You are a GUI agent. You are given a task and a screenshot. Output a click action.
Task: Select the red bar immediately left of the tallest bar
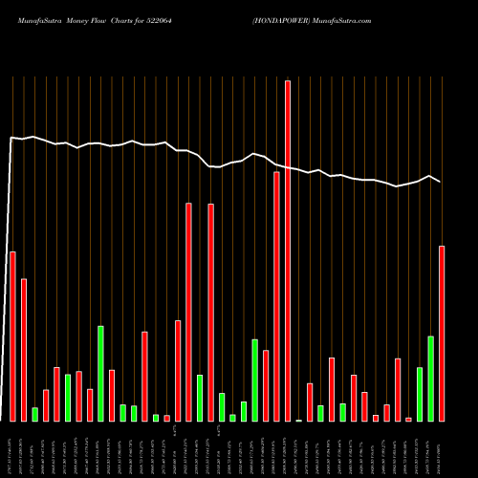[x=276, y=296]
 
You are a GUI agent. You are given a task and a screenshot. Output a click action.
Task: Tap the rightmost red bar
[x=442, y=334]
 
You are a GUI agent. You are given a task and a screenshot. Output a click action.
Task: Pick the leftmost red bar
[x=12, y=336]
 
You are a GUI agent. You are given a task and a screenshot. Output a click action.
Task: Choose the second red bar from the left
[x=24, y=350]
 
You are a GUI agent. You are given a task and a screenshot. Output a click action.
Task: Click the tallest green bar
[x=100, y=373]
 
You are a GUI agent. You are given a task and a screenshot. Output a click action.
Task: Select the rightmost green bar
[x=430, y=379]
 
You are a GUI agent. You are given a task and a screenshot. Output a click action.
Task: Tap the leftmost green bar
[x=34, y=414]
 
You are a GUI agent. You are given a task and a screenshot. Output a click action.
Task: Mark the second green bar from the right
[x=420, y=394]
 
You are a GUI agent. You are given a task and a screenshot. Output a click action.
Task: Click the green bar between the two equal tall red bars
[x=200, y=398]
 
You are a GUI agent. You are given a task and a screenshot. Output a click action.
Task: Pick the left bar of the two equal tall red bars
[x=188, y=312]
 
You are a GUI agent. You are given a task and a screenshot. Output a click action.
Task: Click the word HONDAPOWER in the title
[x=277, y=19]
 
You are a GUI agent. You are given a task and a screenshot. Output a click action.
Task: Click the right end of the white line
[x=441, y=182]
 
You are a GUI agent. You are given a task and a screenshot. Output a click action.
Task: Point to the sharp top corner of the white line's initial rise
[x=11, y=138]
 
